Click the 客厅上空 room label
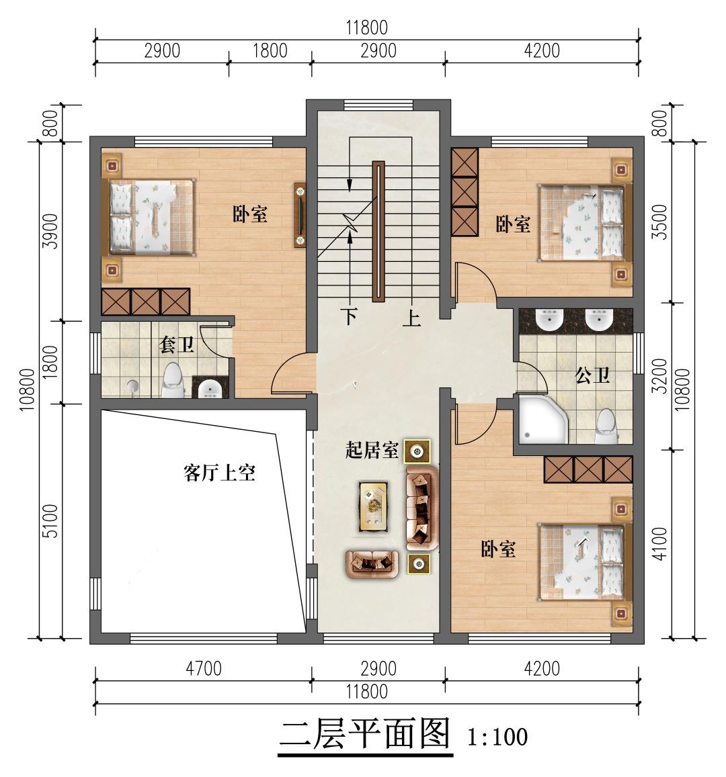point(219,473)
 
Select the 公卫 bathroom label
point(593,375)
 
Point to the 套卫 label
point(176,345)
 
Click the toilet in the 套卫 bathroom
point(173,381)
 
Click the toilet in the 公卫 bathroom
point(606,426)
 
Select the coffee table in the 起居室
point(374,506)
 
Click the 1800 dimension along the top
point(270,51)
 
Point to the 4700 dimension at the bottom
point(203,669)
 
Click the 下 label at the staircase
point(348,317)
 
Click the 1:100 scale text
point(497,737)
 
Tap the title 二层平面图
point(364,735)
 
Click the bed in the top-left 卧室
point(148,217)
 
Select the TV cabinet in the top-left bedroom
point(300,216)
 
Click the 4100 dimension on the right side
point(660,544)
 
